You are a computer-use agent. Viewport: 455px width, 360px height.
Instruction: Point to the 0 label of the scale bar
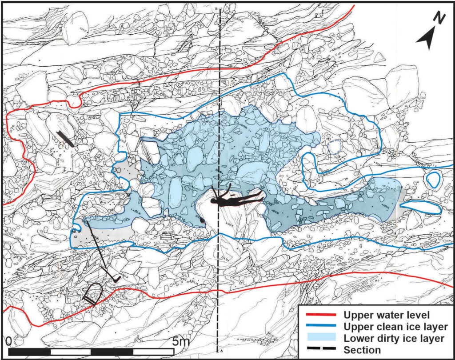10,341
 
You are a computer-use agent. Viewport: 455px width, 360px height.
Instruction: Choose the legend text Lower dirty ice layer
394,339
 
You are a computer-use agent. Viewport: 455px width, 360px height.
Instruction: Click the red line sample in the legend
320,316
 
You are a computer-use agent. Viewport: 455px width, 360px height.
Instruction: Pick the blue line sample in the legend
320,327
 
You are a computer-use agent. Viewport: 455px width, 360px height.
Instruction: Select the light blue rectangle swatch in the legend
320,339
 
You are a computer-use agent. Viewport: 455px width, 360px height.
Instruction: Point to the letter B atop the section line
216,9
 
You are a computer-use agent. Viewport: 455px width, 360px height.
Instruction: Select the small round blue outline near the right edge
432,180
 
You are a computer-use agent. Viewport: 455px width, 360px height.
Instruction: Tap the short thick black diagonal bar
68,139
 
